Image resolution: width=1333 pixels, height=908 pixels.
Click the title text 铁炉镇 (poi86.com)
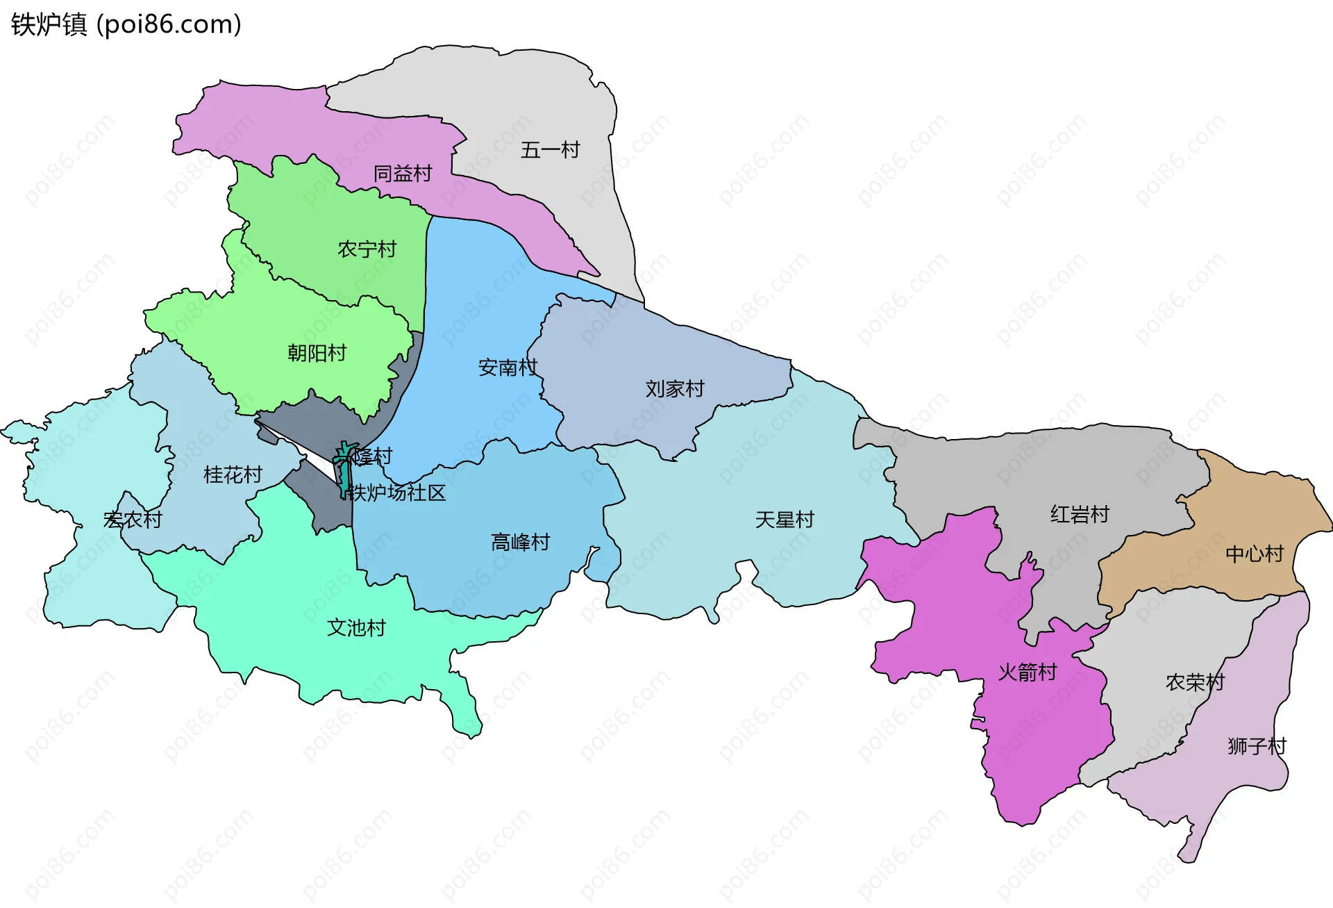(126, 24)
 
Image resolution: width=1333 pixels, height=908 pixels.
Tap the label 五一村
(550, 150)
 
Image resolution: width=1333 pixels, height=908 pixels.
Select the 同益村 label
(403, 174)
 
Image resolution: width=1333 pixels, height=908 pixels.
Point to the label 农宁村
(367, 249)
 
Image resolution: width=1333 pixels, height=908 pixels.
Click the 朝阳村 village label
(317, 354)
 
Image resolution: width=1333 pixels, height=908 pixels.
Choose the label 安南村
(508, 368)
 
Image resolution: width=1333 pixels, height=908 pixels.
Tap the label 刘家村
(674, 389)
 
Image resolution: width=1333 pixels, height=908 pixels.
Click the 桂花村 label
(233, 475)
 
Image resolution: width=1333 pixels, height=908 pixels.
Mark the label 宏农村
(132, 520)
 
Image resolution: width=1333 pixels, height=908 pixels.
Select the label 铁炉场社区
(396, 493)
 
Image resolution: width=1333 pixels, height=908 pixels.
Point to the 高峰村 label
(520, 543)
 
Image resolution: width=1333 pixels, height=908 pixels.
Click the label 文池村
(356, 628)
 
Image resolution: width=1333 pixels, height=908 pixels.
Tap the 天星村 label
(784, 520)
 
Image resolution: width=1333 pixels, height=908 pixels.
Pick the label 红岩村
(1080, 515)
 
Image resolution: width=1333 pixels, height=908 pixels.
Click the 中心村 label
(1254, 554)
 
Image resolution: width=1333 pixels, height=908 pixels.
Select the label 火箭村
(1027, 672)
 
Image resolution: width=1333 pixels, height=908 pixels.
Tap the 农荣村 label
(1195, 683)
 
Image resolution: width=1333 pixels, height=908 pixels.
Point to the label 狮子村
(1257, 747)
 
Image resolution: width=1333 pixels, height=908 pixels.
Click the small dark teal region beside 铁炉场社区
(344, 476)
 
